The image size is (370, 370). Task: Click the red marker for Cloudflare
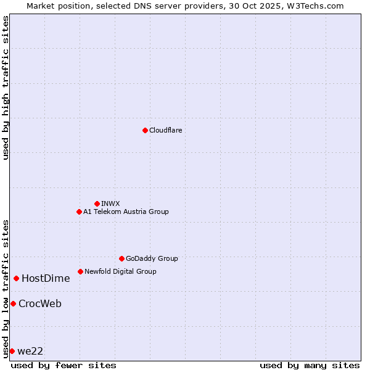[x=145, y=130]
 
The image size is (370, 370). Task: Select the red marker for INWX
[x=97, y=203]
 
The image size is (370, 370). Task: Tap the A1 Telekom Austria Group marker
[x=79, y=212]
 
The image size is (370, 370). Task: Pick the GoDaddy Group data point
[x=121, y=258]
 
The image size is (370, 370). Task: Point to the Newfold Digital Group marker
[x=80, y=271]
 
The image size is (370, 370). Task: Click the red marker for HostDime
[x=16, y=278]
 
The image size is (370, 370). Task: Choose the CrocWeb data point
[x=13, y=303]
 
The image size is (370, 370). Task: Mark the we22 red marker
[x=12, y=351]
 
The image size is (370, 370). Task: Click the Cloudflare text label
[x=166, y=130]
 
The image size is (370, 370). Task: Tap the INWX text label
[x=110, y=203]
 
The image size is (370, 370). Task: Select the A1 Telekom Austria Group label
[x=126, y=212]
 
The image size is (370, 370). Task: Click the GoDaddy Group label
[x=152, y=258]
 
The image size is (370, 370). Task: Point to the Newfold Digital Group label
[x=120, y=271]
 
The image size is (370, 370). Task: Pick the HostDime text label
[x=46, y=278]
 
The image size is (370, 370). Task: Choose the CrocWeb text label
[x=40, y=303]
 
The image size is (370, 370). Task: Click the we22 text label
[x=30, y=351]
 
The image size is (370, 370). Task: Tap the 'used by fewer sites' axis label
[x=64, y=365]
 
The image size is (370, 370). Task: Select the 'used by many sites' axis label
[x=310, y=365]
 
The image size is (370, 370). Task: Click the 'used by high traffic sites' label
[x=6, y=88]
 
